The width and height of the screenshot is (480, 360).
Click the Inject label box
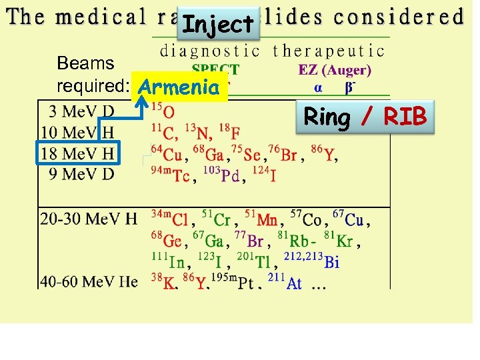click(218, 25)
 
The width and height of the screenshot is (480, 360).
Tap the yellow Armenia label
click(180, 87)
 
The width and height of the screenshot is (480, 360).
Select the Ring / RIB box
click(365, 117)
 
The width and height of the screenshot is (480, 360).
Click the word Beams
click(85, 63)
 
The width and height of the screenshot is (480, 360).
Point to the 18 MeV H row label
click(77, 154)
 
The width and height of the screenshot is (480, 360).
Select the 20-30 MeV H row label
click(89, 219)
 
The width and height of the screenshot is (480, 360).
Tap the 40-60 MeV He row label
click(89, 282)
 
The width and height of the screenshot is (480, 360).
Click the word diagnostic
click(210, 50)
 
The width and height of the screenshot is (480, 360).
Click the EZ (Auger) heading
click(335, 69)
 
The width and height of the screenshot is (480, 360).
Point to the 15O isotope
click(164, 110)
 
